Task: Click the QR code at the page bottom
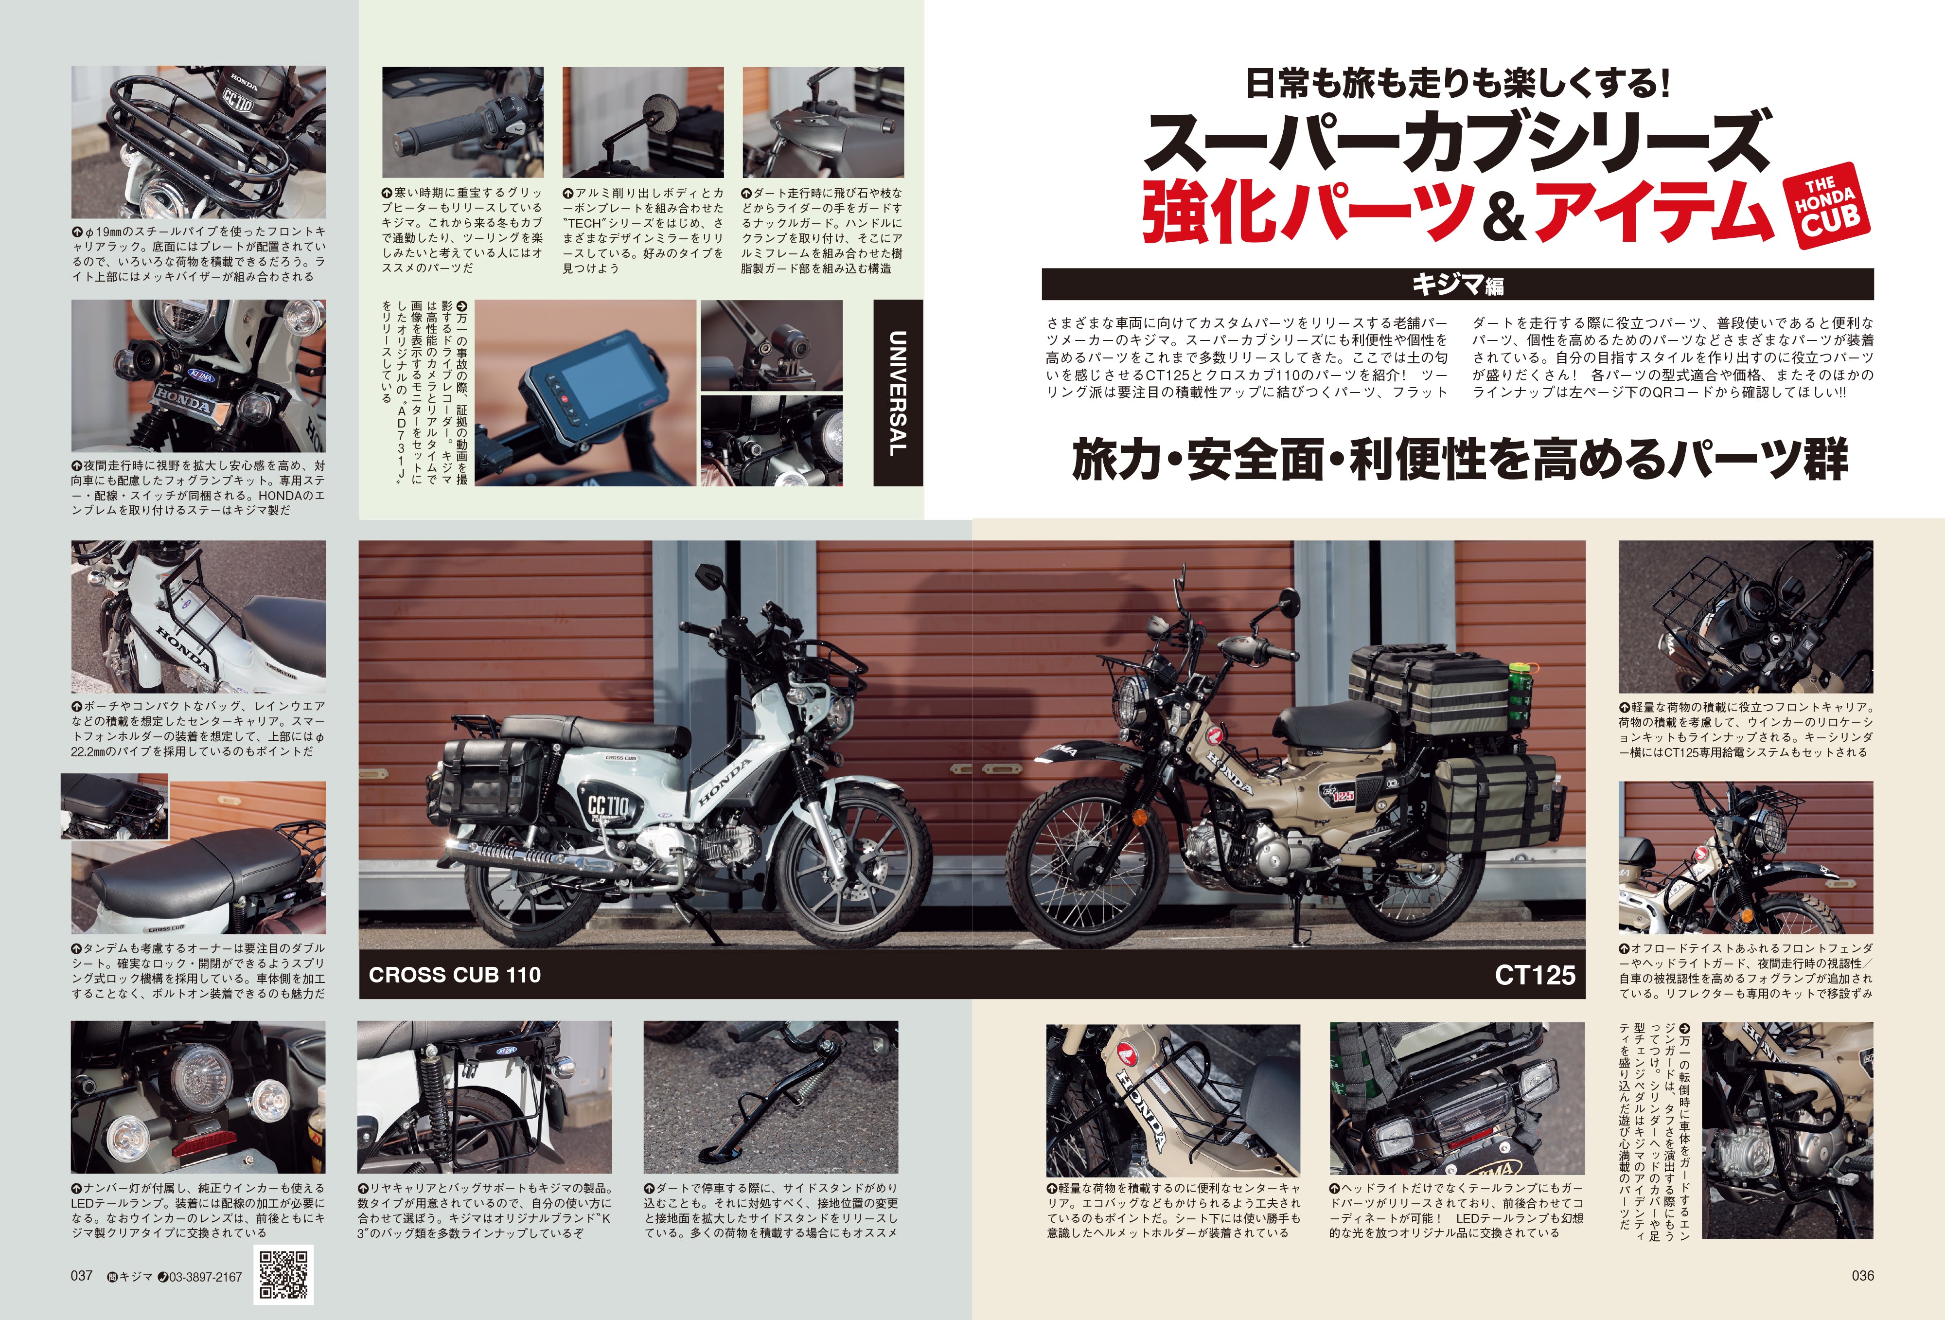pos(283,1274)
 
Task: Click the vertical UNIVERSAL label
pos(897,392)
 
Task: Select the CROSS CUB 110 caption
pos(455,974)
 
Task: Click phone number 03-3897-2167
pos(205,1277)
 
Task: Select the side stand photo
pos(770,1096)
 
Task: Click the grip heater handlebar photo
pos(462,122)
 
